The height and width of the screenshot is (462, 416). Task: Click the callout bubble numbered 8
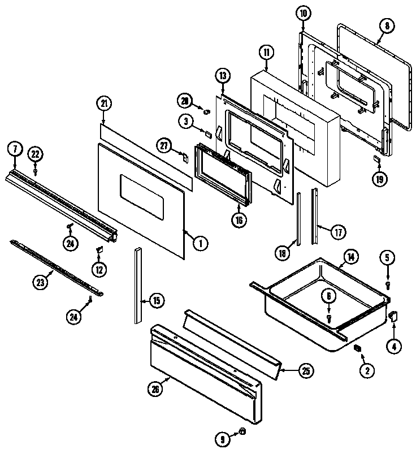coord(387,26)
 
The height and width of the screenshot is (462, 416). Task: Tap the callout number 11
coord(266,53)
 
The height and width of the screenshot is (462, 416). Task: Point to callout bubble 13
coord(223,76)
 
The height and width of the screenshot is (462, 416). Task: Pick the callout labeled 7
coord(15,149)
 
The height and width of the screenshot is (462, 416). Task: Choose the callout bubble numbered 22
coord(35,154)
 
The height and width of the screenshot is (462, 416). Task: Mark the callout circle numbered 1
coord(200,244)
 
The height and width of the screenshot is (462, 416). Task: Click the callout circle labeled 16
coord(240,220)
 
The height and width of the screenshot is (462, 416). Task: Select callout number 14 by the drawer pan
coord(351,257)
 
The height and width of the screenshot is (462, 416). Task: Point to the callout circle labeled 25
coord(305,371)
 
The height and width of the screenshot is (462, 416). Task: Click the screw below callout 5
coord(388,284)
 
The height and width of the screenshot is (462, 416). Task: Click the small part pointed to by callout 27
coord(183,156)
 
